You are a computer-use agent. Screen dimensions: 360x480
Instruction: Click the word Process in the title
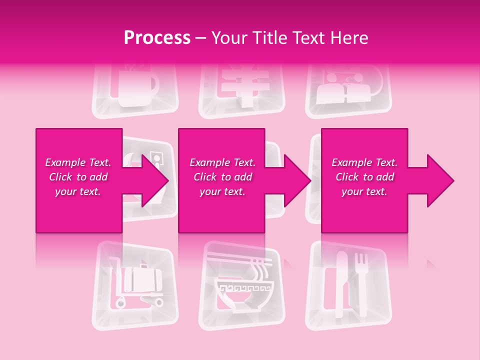[157, 37]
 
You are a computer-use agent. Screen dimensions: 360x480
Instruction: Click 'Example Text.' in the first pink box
[78, 162]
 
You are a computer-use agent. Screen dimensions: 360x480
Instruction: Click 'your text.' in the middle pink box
[222, 191]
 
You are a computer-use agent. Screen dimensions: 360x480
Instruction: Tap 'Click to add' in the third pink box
[364, 177]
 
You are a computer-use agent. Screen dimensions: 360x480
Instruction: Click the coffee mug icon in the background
[135, 90]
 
